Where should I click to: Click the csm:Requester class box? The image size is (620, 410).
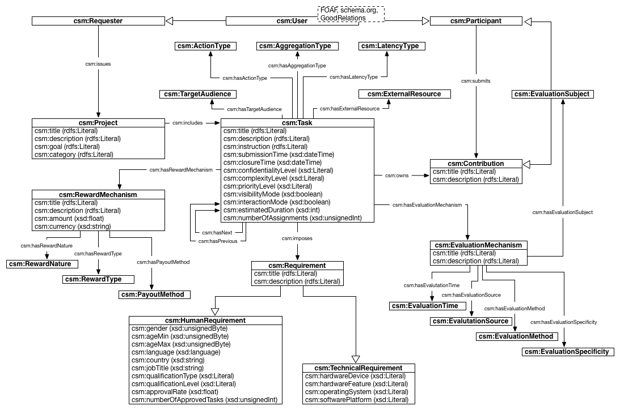tap(98, 21)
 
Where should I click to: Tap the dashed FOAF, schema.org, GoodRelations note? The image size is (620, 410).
tap(350, 14)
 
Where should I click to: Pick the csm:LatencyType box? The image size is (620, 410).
tap(392, 46)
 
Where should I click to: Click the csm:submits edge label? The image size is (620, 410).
tap(476, 80)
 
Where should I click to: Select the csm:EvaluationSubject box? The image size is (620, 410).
tap(552, 94)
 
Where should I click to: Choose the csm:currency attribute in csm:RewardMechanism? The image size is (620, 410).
tap(72, 226)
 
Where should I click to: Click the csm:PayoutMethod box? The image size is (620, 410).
tap(154, 294)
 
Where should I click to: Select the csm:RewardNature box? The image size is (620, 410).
tap(42, 264)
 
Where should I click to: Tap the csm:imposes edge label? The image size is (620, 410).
tap(297, 238)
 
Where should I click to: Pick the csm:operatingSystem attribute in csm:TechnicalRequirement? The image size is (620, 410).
tap(356, 392)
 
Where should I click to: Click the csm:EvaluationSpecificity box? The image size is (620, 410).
tap(568, 352)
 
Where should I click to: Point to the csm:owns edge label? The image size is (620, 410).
tap(397, 176)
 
